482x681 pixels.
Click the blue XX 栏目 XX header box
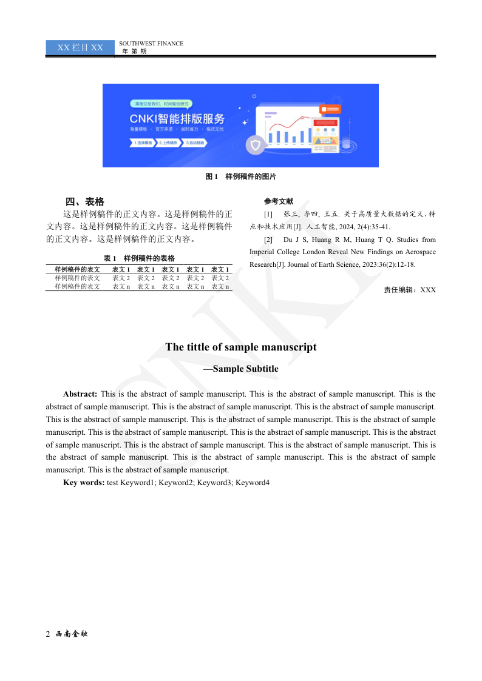80,47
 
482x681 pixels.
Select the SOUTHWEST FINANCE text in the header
151,44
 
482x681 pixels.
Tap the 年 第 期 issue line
134,52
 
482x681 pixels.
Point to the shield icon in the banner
254,145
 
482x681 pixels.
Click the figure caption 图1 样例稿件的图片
240,176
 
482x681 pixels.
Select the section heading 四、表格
85,202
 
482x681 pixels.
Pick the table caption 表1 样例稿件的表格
139,258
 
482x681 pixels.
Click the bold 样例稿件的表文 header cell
77,269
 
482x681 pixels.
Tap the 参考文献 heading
279,201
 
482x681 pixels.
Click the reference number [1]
268,215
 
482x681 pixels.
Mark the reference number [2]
268,240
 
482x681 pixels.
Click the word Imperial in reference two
263,252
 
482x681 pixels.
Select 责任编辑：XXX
410,290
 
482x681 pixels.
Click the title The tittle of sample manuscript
241,347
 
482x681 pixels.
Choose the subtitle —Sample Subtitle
241,369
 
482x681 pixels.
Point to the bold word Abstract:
80,394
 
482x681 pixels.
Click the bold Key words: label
84,483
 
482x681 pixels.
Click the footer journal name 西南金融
72,634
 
